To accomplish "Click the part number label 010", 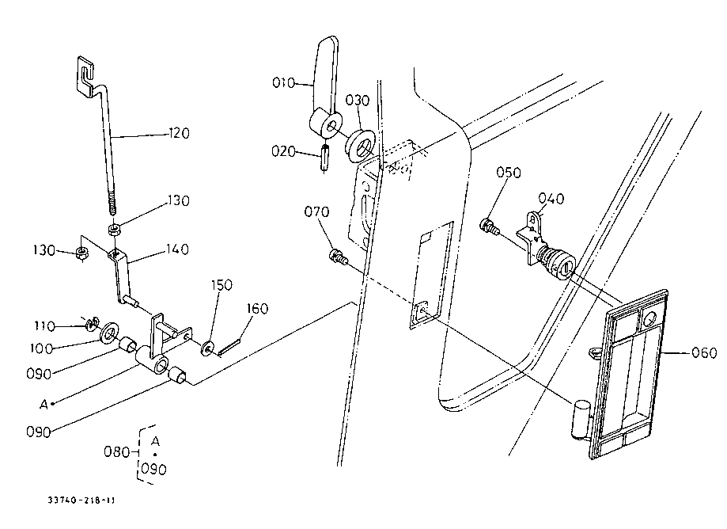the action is coord(283,83).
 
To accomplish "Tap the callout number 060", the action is coord(704,353).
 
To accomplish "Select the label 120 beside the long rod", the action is coord(179,134).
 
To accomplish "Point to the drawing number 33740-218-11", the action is coord(81,500).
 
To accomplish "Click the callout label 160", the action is coord(257,309).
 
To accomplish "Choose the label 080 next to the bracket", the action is coord(116,451).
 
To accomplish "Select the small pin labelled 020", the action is coord(324,158).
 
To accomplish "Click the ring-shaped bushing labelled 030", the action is coord(360,147).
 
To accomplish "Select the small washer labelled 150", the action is coord(206,348).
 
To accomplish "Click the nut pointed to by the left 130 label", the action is coord(82,253).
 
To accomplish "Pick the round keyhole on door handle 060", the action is coord(649,318).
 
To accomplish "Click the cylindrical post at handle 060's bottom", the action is coord(580,420).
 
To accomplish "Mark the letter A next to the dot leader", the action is coord(44,405).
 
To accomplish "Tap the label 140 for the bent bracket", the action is coord(177,249).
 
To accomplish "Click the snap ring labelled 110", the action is coord(93,324).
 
